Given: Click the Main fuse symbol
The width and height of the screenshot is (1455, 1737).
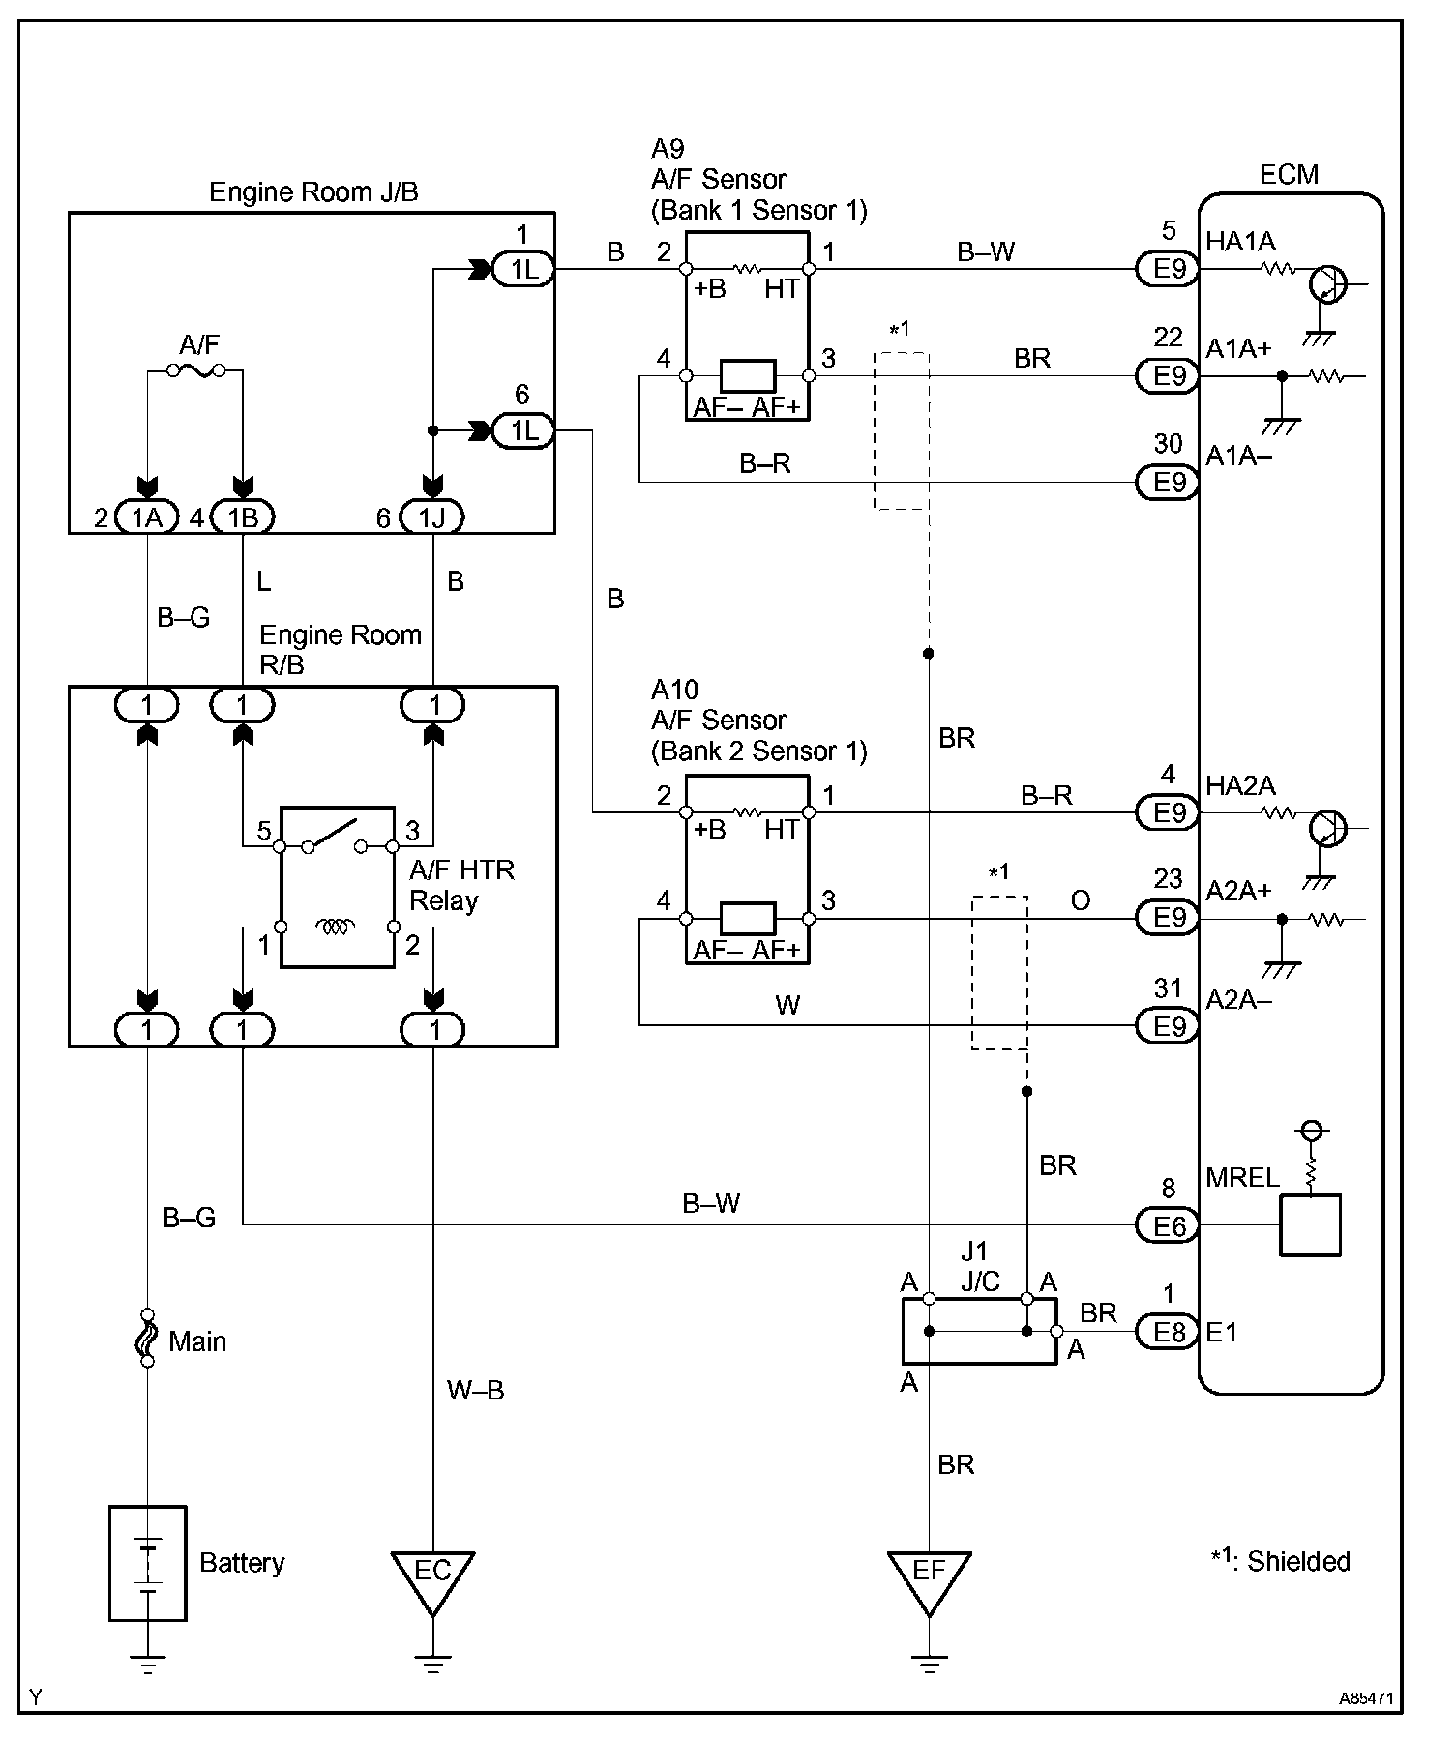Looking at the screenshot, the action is click(147, 1338).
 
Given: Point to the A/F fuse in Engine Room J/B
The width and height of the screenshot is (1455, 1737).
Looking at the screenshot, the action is click(194, 369).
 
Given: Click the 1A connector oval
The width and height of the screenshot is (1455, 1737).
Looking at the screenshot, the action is click(147, 517).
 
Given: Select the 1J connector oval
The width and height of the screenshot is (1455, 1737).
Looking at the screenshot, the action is click(432, 517).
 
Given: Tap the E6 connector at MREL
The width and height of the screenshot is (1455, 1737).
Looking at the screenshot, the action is click(1168, 1226).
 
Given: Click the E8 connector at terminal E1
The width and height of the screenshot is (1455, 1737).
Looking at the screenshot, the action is click(1168, 1333).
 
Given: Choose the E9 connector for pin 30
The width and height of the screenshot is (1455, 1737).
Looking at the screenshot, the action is click(1168, 481).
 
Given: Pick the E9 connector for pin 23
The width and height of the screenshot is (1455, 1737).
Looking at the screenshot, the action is click(1168, 917).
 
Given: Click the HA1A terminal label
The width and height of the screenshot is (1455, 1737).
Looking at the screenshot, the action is click(1240, 242).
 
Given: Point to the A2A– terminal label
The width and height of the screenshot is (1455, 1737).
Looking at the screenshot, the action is click(1239, 1000).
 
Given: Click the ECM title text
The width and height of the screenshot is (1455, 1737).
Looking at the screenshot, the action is click(1289, 174).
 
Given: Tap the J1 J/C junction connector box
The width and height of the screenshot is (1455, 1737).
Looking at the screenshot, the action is click(979, 1331).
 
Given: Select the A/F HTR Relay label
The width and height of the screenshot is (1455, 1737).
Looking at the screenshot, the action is click(461, 885).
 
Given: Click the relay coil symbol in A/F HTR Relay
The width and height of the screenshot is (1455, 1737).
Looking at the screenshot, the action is click(337, 927).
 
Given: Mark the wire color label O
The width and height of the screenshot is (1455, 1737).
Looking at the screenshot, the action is click(1081, 900).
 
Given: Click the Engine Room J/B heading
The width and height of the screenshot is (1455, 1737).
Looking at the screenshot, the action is click(313, 191).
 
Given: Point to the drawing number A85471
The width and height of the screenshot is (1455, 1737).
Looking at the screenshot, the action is click(1366, 1697).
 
